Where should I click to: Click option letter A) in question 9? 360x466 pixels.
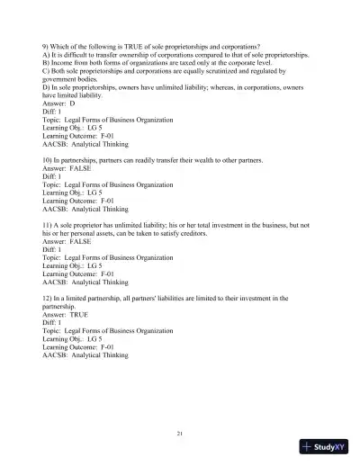(x=47, y=54)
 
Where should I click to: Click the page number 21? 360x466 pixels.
(x=180, y=434)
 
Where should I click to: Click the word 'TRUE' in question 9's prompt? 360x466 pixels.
(x=130, y=46)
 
